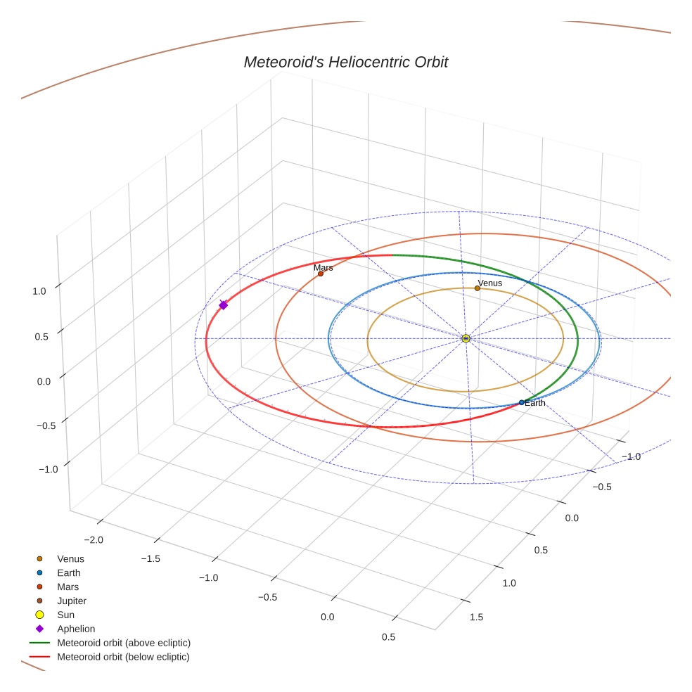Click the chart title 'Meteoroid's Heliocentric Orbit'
coord(345,62)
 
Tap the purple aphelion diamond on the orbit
coord(224,305)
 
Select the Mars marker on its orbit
coord(321,274)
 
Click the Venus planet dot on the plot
coord(478,288)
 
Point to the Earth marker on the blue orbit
coord(521,402)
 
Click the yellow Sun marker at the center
coord(466,338)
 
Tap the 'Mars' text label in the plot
coord(323,267)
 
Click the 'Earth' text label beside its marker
coord(535,403)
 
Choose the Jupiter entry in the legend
coord(72,601)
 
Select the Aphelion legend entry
coord(76,629)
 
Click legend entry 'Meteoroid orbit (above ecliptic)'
coord(124,643)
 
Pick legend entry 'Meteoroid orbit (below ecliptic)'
coord(124,657)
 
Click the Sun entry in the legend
coord(65,615)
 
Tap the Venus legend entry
coord(70,558)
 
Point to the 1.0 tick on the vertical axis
coord(39,290)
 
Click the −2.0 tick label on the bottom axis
coord(94,539)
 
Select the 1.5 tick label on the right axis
coord(476,617)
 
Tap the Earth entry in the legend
coord(69,572)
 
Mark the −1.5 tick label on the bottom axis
coord(150,558)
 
